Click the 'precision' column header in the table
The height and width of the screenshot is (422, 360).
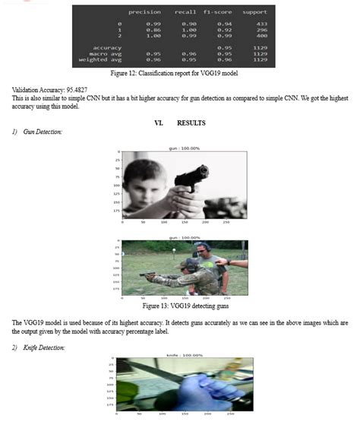tap(144, 12)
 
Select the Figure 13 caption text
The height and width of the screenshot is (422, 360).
tap(179, 304)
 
